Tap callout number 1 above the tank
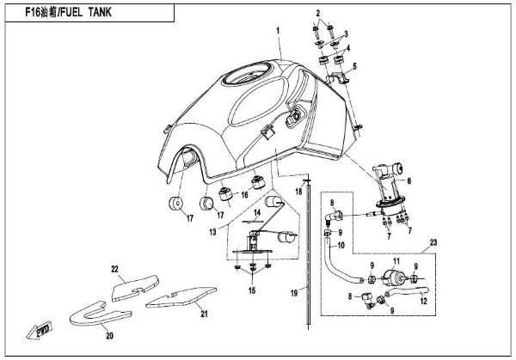coord(279,32)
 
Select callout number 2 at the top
coord(318,14)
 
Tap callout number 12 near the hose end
coord(423,302)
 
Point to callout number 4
coord(347,49)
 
